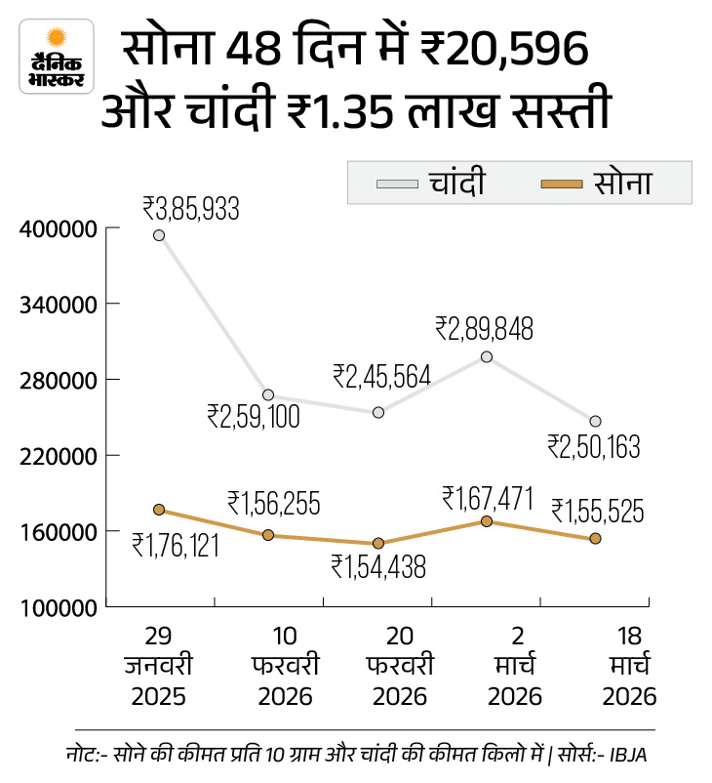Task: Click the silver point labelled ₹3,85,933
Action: coord(159,235)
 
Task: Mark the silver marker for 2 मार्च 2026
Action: coord(486,357)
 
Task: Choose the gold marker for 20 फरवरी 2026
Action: coord(377,544)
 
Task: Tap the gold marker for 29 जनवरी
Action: coord(159,510)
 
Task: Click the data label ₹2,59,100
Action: coord(253,416)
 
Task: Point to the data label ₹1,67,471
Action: coord(487,499)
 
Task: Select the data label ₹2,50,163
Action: coord(593,447)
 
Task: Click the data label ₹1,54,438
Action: coord(378,567)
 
